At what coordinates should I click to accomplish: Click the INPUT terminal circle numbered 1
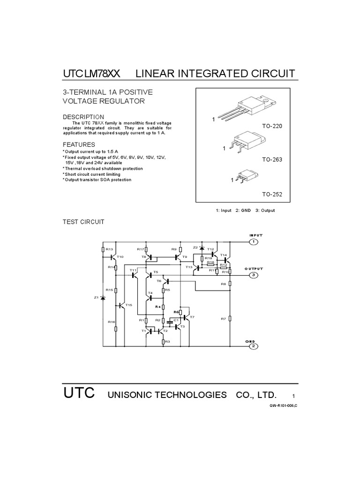tap(254, 242)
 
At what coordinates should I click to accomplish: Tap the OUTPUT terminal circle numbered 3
tap(254, 275)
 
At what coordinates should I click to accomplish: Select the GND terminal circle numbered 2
tap(254, 346)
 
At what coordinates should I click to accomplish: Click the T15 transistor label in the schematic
tap(129, 305)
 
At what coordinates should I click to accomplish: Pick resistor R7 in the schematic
tap(230, 319)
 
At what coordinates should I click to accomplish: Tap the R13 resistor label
tap(109, 249)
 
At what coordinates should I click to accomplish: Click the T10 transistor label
tap(120, 257)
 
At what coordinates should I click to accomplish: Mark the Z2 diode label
tap(195, 247)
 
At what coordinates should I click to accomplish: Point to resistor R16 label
tap(111, 322)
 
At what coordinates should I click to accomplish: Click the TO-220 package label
tap(272, 127)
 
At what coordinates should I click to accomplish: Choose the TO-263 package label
tap(272, 160)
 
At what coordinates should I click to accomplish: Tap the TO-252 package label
tap(272, 194)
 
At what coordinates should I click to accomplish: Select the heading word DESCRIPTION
tap(83, 117)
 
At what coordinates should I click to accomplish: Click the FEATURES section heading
tap(79, 145)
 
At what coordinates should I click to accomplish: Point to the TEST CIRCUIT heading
tap(83, 221)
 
